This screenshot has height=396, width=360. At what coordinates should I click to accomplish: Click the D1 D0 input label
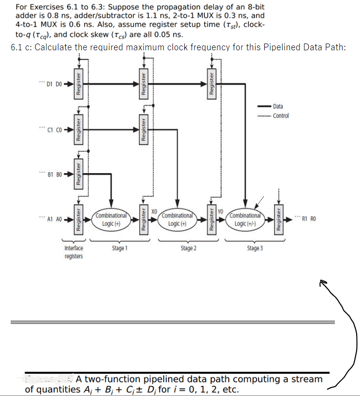click(x=52, y=84)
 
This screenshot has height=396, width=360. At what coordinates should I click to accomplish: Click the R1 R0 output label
click(x=308, y=219)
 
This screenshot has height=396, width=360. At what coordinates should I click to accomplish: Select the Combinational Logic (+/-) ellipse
click(x=245, y=219)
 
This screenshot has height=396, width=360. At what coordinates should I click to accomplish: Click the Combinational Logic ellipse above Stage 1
click(x=111, y=219)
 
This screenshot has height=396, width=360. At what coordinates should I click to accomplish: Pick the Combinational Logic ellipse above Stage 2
click(x=178, y=219)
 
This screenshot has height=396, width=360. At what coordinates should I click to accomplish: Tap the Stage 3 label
click(x=255, y=248)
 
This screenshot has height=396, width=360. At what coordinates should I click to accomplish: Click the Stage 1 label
click(x=119, y=248)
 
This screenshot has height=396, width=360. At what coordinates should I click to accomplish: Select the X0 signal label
click(x=154, y=211)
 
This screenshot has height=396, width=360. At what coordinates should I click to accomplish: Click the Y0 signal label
click(x=220, y=211)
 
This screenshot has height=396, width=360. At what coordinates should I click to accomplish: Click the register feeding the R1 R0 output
click(x=278, y=219)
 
